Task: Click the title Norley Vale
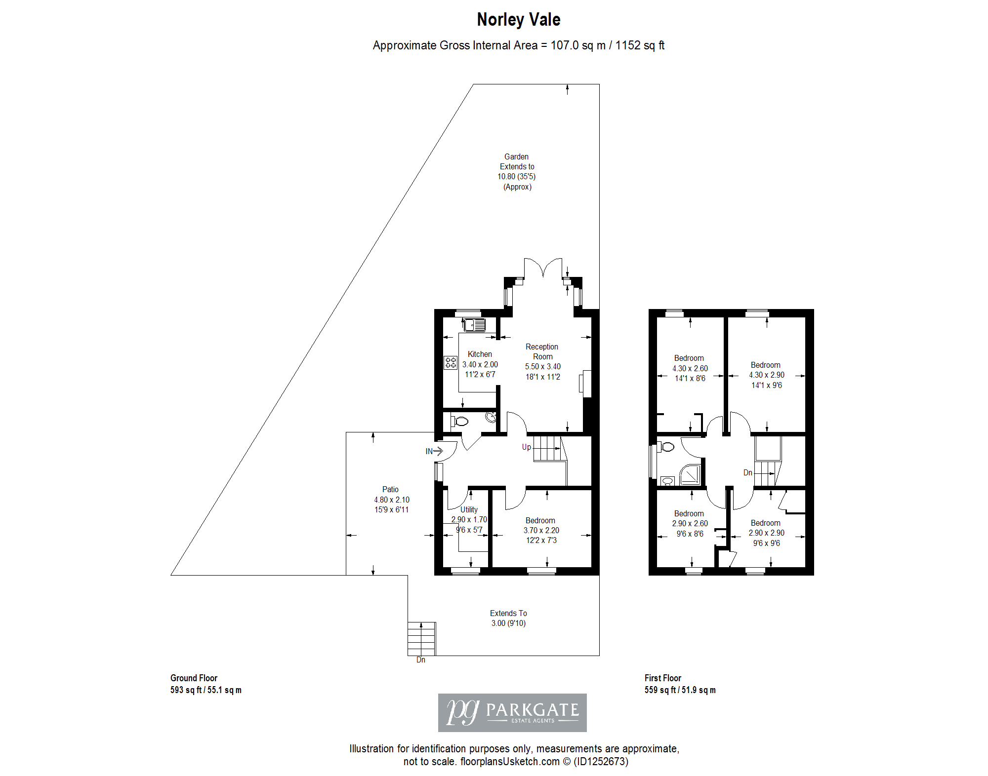point(518,20)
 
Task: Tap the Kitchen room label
point(480,354)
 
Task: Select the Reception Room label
point(542,351)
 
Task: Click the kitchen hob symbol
point(451,363)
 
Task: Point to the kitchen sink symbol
point(475,325)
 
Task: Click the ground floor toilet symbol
point(459,421)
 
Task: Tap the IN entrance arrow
point(434,451)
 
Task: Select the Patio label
point(390,489)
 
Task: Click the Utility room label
point(469,509)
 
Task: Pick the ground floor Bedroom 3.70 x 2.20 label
point(541,530)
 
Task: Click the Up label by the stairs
point(527,447)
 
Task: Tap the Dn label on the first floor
point(748,472)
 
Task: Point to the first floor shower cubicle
point(690,475)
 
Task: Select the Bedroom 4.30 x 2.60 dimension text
point(690,368)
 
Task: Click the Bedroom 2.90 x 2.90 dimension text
point(766,533)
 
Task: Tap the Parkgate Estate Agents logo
point(512,712)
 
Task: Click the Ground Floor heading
point(194,678)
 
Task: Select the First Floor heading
point(662,678)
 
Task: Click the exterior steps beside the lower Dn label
point(421,639)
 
